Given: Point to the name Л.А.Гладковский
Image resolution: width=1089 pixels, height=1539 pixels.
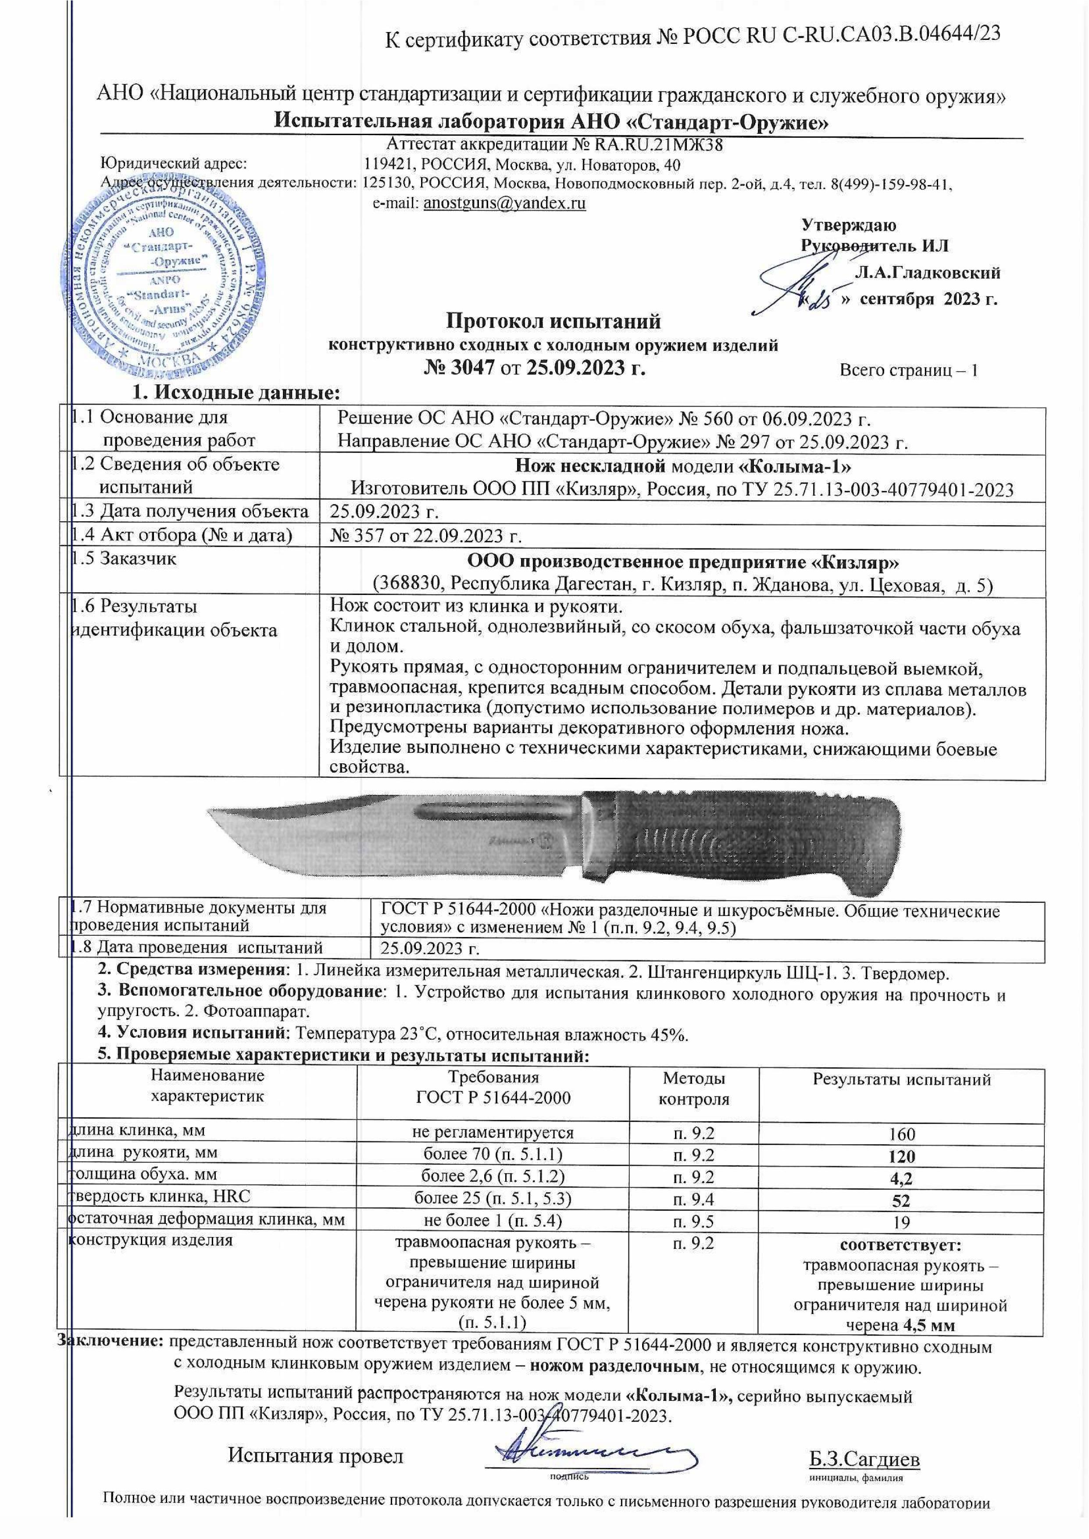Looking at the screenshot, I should pyautogui.click(x=928, y=273).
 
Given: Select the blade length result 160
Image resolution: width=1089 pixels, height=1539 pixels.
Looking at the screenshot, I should pyautogui.click(x=902, y=1134).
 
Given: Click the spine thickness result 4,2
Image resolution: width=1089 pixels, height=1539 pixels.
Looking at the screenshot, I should pyautogui.click(x=902, y=1178).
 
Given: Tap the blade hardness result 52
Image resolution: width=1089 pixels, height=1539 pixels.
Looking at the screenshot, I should pyautogui.click(x=902, y=1200).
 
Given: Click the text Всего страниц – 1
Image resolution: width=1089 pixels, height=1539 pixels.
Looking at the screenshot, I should pyautogui.click(x=909, y=370).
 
